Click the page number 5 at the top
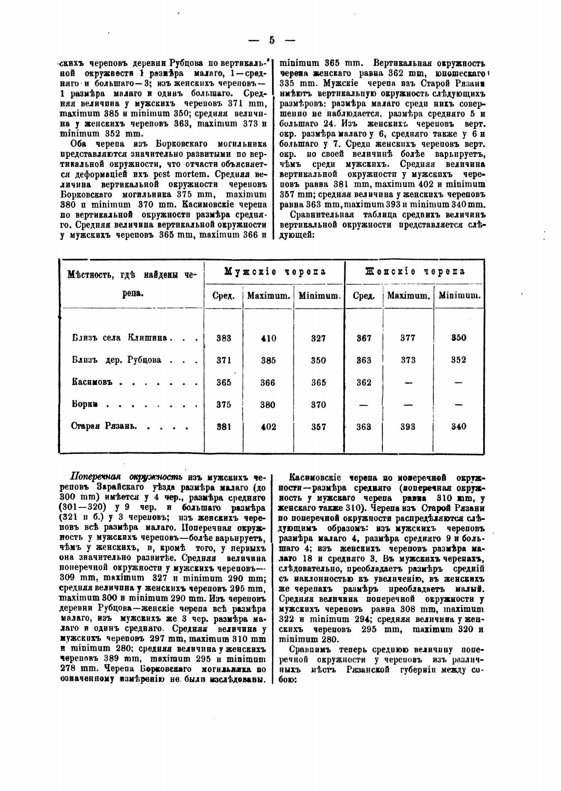click(x=272, y=41)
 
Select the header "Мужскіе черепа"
click(x=275, y=272)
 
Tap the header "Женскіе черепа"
click(x=415, y=272)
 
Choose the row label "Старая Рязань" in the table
click(x=103, y=427)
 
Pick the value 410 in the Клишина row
click(x=268, y=338)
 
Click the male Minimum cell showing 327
click(x=318, y=338)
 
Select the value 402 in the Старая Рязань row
click(x=268, y=427)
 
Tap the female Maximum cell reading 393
click(x=408, y=427)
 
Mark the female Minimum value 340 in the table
click(x=459, y=427)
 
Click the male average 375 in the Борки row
click(x=224, y=405)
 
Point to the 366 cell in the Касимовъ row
click(x=268, y=382)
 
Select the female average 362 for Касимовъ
click(x=364, y=382)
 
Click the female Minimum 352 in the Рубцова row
click(x=459, y=360)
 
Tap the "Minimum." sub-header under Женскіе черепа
click(x=460, y=296)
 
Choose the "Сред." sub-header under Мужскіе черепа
click(x=223, y=296)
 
